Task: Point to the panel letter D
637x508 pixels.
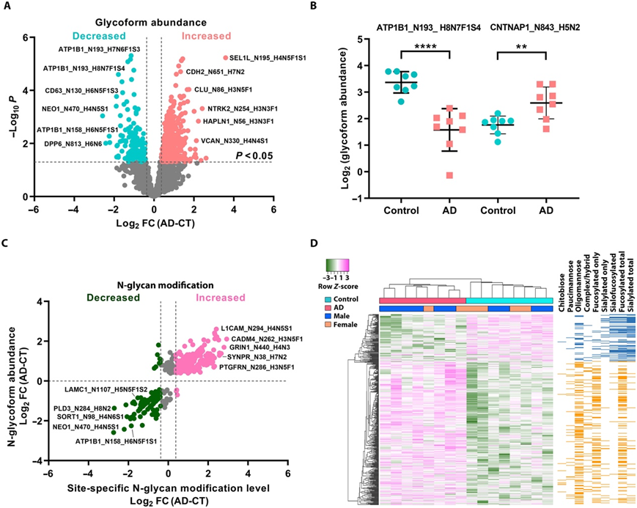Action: click(314, 242)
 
